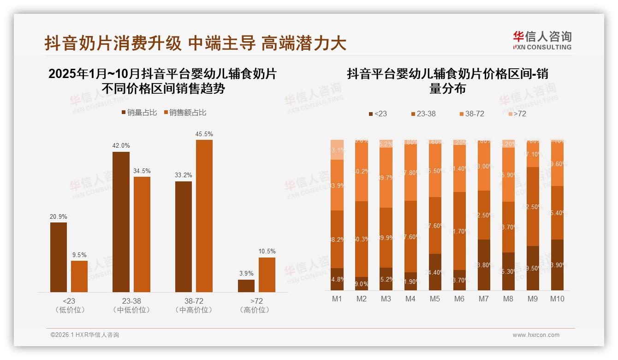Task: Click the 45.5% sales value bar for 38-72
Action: tap(204, 216)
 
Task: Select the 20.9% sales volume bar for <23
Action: tap(59, 257)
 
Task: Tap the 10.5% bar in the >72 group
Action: tap(267, 275)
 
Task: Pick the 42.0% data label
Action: tap(121, 146)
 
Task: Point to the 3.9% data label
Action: tap(246, 274)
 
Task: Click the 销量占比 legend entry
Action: tap(139, 113)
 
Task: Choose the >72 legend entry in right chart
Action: tap(517, 114)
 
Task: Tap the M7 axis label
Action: tap(483, 299)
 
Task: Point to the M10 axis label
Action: tap(557, 299)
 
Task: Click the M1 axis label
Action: tap(337, 299)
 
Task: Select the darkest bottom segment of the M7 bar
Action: tap(483, 265)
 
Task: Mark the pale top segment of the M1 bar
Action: tap(337, 150)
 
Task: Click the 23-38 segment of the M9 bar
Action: tap(533, 206)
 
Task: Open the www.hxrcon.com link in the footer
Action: tap(536, 335)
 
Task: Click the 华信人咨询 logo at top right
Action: tap(542, 40)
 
